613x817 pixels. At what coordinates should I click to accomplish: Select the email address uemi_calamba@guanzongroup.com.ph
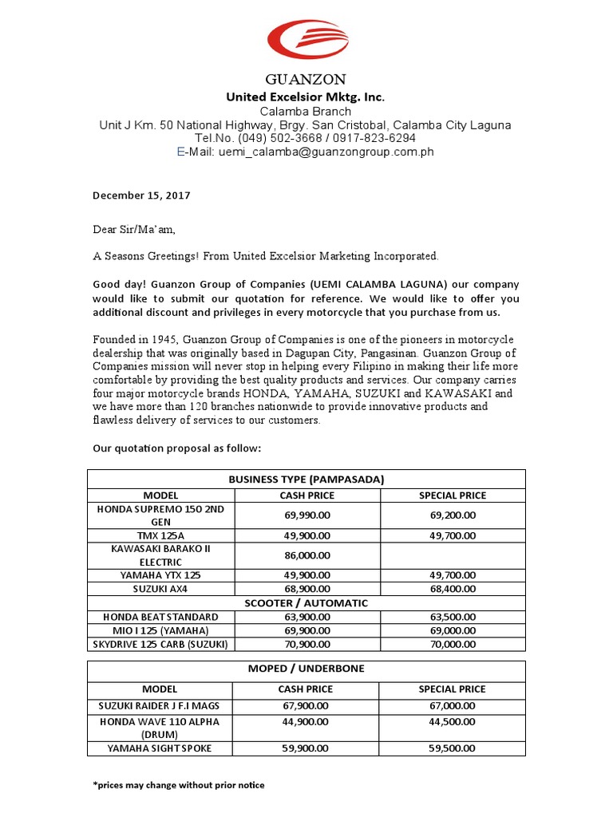pos(326,152)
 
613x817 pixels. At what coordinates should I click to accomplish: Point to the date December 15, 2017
pos(141,195)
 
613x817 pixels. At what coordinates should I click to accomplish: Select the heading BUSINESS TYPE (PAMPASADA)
pos(306,479)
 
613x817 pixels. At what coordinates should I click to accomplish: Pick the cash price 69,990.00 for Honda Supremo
pos(306,515)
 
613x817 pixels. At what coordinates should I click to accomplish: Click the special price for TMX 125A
pos(453,535)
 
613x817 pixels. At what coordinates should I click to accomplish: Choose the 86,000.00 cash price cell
pos(306,555)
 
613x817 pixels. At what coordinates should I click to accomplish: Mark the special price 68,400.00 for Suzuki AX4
pos(453,588)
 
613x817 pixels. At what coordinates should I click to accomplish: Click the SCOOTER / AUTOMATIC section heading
pos(306,603)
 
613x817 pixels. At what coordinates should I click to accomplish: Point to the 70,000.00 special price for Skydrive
pos(453,643)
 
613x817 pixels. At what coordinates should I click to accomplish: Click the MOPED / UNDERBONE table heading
pos(306,668)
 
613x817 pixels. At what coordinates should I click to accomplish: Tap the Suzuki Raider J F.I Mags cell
pos(160,705)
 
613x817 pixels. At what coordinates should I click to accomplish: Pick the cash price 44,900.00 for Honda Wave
pos(306,721)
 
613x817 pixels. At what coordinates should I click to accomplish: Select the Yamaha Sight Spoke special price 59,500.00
pos(453,748)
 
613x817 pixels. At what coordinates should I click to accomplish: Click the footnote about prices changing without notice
pos(179,785)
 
